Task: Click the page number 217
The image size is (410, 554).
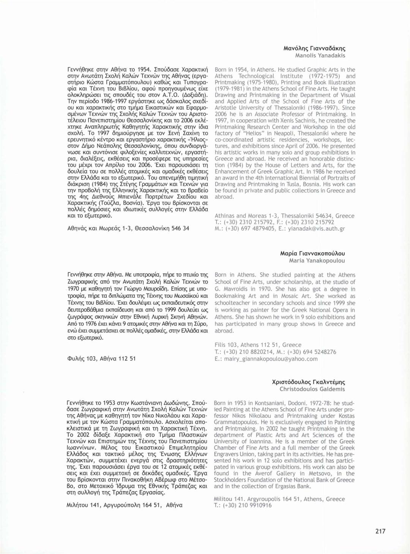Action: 380,531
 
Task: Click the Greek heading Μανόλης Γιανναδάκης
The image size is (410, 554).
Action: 314,48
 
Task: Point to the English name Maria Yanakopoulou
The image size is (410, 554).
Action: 317,260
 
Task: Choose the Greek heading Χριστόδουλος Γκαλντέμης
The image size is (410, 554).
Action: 309,382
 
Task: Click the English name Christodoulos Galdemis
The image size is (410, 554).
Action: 312,389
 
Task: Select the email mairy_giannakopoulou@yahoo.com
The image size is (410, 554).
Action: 270,359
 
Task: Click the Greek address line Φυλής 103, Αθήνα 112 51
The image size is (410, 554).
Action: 101,358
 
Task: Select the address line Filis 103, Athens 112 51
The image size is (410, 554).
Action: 258,345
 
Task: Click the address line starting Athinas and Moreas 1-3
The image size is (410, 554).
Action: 284,216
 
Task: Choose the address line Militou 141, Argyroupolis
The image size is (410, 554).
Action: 279,499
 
